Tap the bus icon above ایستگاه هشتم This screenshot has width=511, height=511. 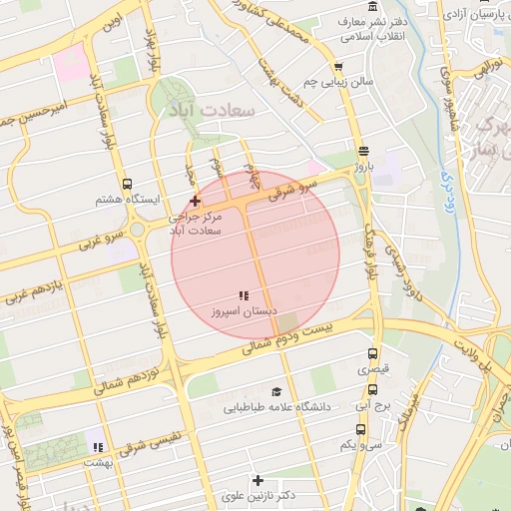point(127,184)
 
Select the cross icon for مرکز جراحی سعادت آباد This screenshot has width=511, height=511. point(195,201)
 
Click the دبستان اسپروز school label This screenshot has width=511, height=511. point(241,311)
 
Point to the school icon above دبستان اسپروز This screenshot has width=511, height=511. point(243,295)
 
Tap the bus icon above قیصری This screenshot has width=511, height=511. point(373,353)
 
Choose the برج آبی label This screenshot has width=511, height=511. point(374,406)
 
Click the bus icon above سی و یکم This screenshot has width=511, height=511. point(361,429)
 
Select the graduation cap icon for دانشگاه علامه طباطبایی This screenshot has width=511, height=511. point(276,392)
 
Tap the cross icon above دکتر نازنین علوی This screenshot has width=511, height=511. point(257,480)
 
